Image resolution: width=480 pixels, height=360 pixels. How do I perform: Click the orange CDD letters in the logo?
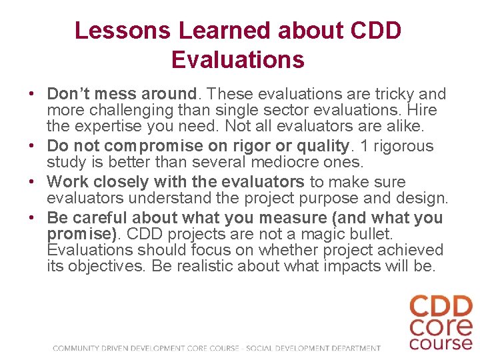click(x=441, y=307)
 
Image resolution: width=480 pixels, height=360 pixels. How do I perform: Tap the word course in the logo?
click(x=441, y=343)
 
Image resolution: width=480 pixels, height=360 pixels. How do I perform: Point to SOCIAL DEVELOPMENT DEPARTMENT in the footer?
click(x=313, y=347)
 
